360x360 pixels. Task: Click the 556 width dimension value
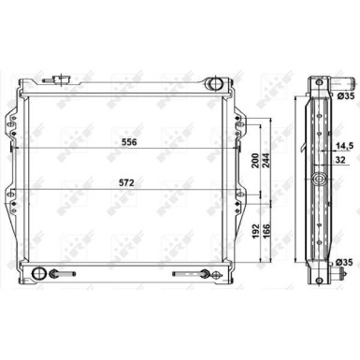[129, 142]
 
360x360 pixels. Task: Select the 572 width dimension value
[127, 183]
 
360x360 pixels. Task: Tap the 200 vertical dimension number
[255, 160]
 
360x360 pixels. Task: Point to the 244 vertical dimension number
[266, 160]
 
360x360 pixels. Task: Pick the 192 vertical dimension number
[255, 231]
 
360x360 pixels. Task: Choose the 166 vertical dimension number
[266, 231]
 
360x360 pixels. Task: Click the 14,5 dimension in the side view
[344, 146]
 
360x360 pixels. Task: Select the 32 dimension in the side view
[340, 160]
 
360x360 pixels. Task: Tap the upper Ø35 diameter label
[346, 96]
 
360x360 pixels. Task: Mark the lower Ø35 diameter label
[344, 263]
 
